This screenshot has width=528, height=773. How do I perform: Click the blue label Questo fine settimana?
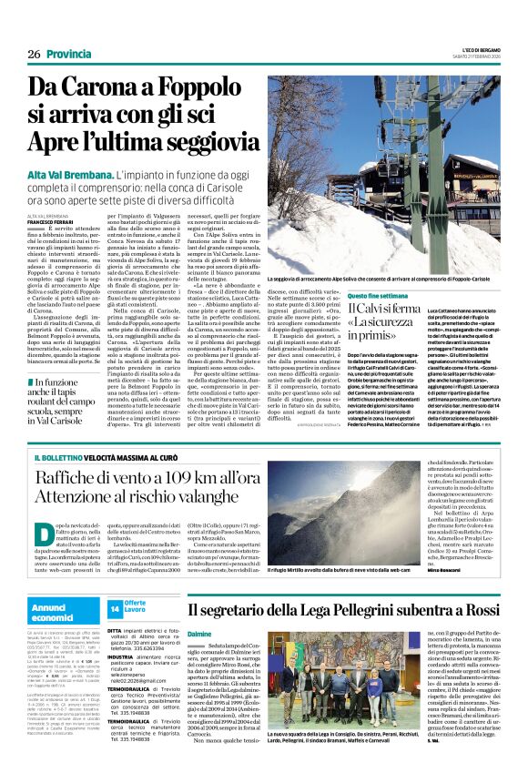click(375, 297)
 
